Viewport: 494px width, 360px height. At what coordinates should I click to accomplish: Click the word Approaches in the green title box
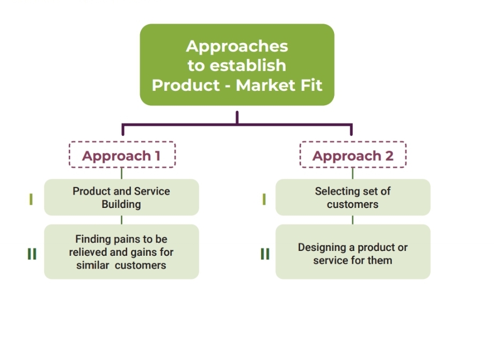click(x=237, y=46)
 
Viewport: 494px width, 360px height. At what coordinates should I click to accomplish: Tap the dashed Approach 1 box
click(x=122, y=155)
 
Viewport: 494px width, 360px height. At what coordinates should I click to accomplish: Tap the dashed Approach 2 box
click(x=353, y=155)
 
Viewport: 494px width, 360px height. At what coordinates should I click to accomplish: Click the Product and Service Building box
click(x=121, y=197)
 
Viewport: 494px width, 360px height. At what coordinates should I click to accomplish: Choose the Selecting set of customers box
click(x=353, y=197)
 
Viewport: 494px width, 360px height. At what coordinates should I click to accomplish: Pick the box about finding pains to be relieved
click(x=121, y=251)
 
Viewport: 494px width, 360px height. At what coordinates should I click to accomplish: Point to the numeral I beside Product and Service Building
click(x=31, y=199)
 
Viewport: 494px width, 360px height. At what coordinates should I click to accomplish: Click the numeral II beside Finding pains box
click(x=32, y=254)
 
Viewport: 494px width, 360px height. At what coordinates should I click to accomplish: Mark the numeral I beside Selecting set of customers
click(x=264, y=199)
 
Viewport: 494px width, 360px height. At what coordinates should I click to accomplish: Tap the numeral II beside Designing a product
click(x=265, y=254)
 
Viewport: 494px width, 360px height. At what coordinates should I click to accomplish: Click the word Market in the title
click(x=265, y=85)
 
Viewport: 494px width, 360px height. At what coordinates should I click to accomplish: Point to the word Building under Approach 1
click(x=121, y=204)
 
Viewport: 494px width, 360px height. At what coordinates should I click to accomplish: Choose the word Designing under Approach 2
click(x=322, y=248)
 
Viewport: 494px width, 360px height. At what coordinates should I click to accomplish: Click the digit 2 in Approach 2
click(x=388, y=156)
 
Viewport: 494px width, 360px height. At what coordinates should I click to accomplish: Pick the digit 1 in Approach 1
click(x=157, y=156)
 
